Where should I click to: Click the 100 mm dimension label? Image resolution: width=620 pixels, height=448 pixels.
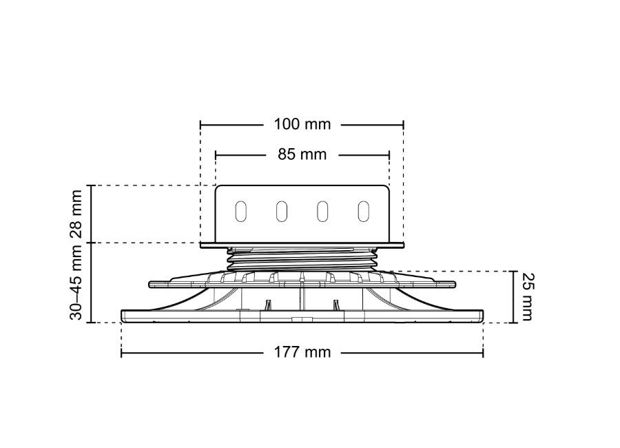(x=302, y=124)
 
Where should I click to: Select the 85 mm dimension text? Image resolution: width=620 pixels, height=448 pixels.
(x=302, y=154)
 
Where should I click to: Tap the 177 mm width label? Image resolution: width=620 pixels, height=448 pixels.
(x=302, y=352)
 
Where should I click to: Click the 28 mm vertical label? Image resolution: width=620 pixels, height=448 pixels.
(x=76, y=214)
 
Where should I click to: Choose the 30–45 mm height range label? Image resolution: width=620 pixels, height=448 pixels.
(x=76, y=282)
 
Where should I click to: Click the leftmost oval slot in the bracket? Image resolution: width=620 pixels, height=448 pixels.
(x=241, y=212)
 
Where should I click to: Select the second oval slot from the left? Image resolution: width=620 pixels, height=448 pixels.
(x=282, y=212)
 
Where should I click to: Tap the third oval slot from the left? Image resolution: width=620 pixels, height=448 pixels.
(x=322, y=212)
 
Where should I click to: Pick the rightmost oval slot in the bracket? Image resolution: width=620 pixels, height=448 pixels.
(x=363, y=212)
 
